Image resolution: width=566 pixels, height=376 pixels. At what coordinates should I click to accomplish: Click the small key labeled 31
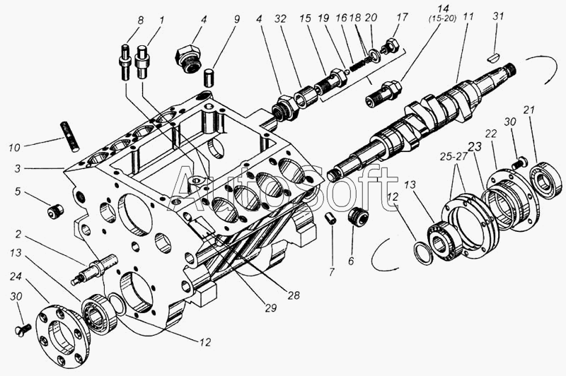pyautogui.click(x=497, y=53)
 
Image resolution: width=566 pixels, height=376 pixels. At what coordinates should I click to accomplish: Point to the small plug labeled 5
pyautogui.click(x=52, y=211)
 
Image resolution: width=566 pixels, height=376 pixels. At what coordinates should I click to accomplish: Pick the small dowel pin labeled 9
pyautogui.click(x=209, y=75)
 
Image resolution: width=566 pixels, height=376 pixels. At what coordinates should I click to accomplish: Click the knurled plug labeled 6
pyautogui.click(x=362, y=216)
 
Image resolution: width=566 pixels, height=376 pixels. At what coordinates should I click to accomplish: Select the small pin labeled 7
pyautogui.click(x=329, y=218)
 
